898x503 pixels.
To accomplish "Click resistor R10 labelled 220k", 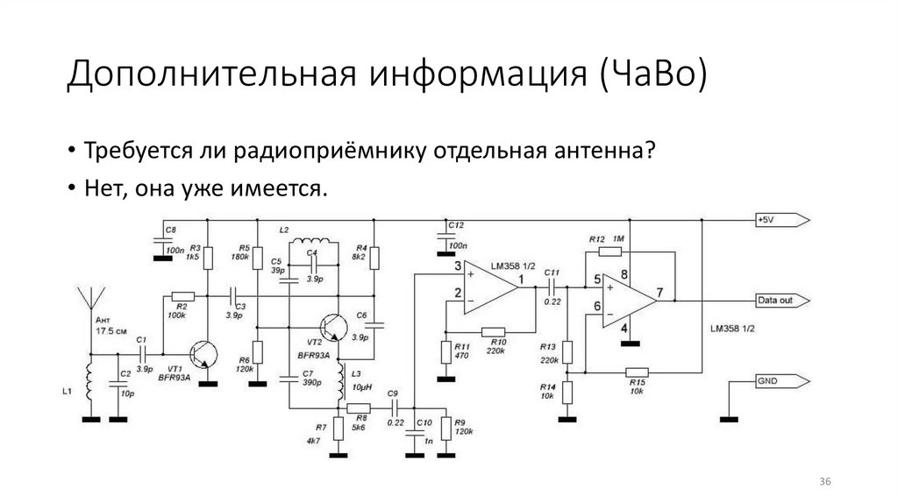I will (x=494, y=331).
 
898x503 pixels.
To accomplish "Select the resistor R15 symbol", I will (x=636, y=372).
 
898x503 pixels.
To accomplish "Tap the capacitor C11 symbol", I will (x=553, y=285).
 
